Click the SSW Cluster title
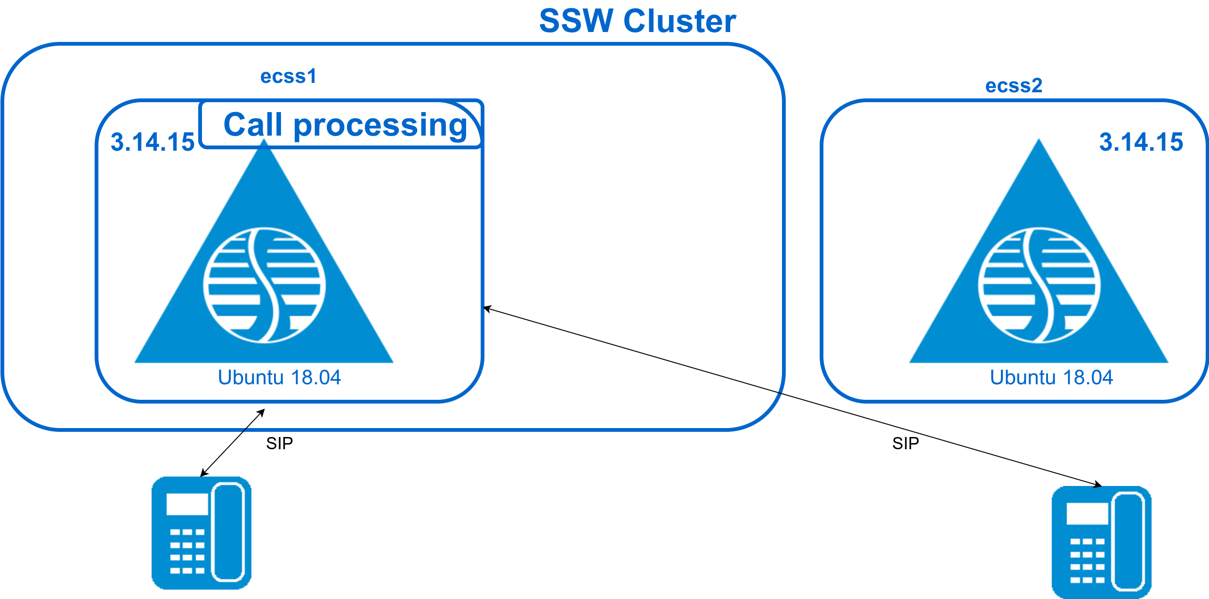637,21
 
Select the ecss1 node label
288,76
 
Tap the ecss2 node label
1014,86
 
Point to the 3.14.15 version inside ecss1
152,142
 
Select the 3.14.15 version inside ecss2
1141,142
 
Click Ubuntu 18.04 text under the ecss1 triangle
279,377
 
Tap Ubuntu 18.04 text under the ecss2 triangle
1051,377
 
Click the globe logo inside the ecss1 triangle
264,285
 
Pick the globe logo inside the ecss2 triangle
1039,285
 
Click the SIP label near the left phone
279,443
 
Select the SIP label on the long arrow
905,443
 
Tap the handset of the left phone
228,532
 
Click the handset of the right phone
1128,542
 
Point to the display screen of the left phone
187,504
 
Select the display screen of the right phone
1087,514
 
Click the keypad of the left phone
187,551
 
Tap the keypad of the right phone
1087,560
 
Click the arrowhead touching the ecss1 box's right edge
488,309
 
